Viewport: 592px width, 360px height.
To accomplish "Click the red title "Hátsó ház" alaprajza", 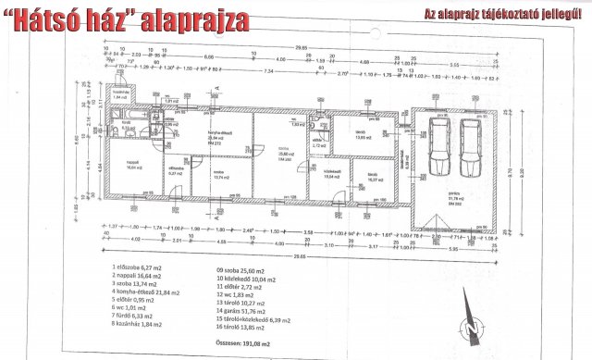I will tap(132, 19).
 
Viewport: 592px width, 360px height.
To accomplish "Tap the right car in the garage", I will tap(474, 151).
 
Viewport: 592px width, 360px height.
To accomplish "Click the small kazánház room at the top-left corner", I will tap(118, 94).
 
